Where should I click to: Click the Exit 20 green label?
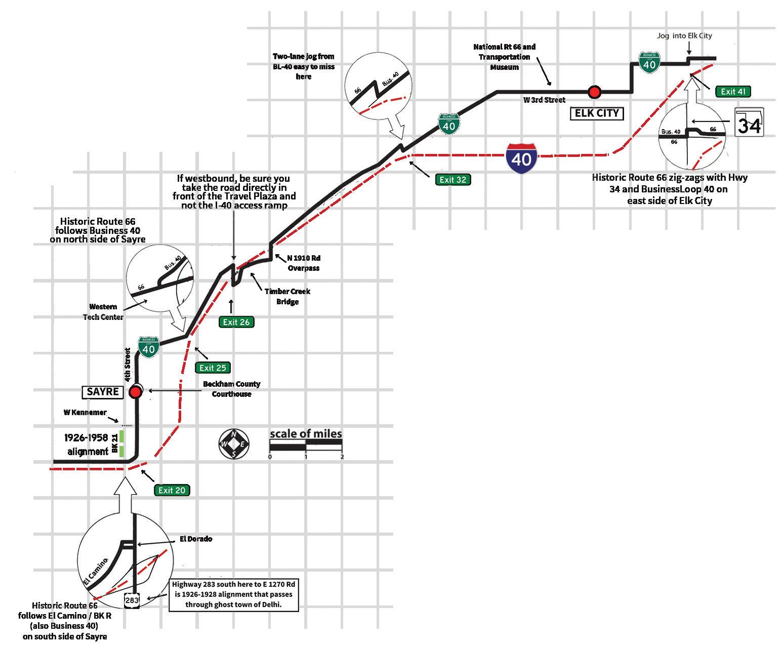click(172, 490)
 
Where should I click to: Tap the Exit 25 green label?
click(213, 368)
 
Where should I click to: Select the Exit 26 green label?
click(236, 322)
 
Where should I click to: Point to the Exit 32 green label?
click(453, 179)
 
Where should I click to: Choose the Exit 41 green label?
click(733, 92)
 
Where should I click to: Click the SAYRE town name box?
click(103, 391)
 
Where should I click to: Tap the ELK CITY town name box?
click(597, 113)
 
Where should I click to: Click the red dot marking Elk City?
click(594, 92)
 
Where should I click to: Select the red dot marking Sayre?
click(136, 392)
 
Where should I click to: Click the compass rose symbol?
click(233, 444)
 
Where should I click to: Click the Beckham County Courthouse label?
click(231, 389)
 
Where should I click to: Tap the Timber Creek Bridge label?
click(287, 297)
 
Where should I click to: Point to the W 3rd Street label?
click(544, 100)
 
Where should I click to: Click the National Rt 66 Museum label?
click(504, 57)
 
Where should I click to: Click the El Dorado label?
click(196, 539)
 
